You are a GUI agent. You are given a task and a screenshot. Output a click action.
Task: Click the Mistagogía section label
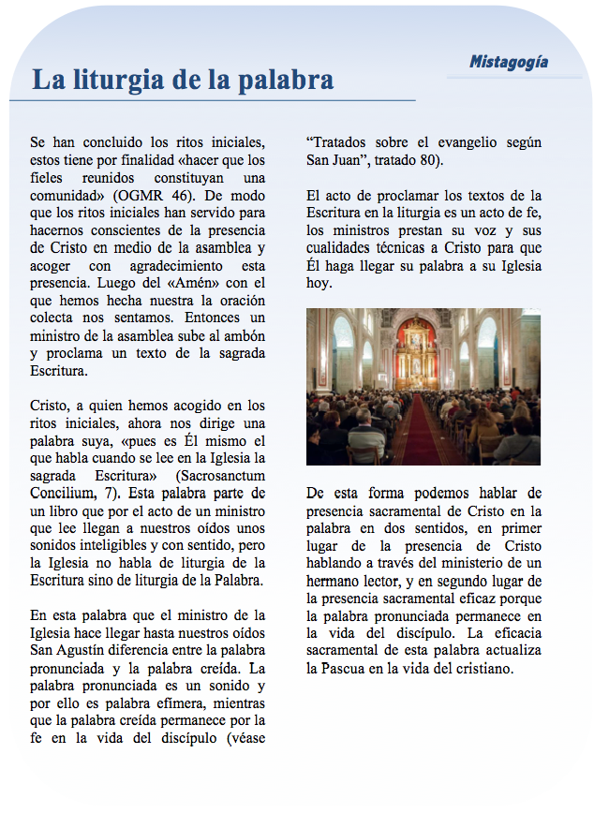pos(509,63)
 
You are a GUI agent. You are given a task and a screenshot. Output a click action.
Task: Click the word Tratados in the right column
pos(342,143)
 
